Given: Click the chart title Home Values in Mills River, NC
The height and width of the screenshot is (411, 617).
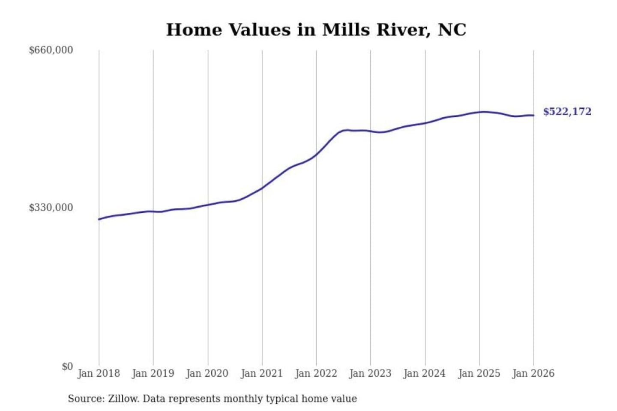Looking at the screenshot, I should [x=316, y=30].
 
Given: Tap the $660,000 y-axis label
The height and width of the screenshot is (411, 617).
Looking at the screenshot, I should [x=51, y=50].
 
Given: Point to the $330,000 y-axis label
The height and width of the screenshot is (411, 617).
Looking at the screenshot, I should [x=51, y=208].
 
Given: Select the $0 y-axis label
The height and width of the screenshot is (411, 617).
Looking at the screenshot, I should [x=67, y=366].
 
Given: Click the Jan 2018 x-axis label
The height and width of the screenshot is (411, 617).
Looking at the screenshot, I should [x=99, y=373].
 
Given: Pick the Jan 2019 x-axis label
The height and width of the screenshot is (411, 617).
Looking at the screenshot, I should [x=153, y=373].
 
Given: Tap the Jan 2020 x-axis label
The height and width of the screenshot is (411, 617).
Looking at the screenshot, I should [x=207, y=373].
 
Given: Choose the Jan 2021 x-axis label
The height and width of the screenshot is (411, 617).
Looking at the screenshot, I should [x=262, y=373].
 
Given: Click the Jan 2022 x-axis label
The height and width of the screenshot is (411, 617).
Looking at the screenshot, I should [x=316, y=373].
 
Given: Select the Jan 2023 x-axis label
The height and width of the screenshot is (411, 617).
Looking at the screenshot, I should [x=370, y=373].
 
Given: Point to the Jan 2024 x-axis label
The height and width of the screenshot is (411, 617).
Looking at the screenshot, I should [x=424, y=373].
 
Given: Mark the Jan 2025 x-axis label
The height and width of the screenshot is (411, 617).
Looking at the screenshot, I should [x=479, y=373].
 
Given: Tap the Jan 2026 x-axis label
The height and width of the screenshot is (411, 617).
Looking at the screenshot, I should [x=533, y=373].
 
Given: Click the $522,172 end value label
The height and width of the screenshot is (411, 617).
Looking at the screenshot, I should [x=567, y=112].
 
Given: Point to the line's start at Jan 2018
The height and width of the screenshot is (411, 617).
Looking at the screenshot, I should [x=99, y=219].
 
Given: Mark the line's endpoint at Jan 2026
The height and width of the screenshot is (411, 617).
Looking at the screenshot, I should [x=533, y=115].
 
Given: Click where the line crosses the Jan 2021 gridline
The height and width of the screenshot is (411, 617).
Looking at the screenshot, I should [x=262, y=188].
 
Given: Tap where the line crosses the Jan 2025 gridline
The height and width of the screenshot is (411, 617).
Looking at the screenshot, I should [x=479, y=112].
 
